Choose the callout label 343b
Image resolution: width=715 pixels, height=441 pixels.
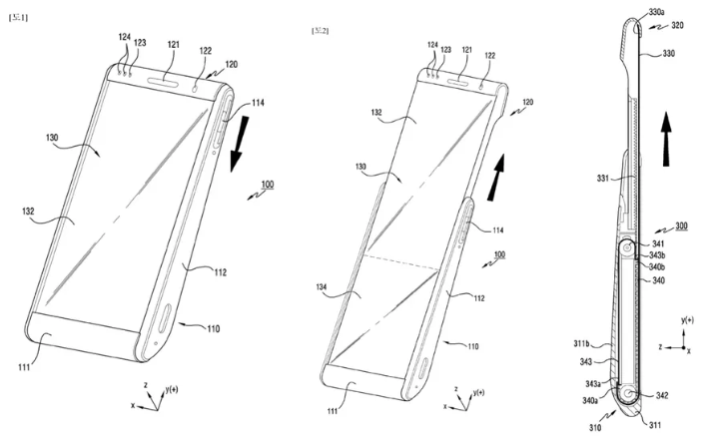(x=660, y=255)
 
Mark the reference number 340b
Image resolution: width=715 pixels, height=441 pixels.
(x=660, y=267)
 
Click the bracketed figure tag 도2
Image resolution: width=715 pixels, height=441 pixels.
(x=321, y=31)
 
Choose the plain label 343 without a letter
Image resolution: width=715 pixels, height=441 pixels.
(x=587, y=362)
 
